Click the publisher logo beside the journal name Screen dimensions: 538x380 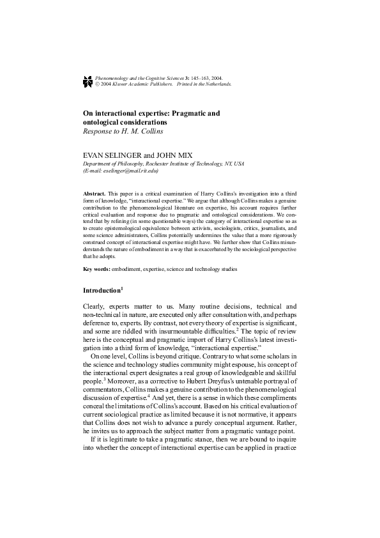pos(87,80)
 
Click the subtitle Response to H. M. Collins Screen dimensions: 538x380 pos(123,131)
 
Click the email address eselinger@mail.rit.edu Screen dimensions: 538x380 pos(130,171)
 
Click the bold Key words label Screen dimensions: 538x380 pos(96,269)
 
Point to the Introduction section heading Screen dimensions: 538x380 pos(102,291)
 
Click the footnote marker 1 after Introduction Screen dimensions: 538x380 pos(122,289)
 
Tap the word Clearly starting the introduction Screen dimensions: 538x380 pos(94,307)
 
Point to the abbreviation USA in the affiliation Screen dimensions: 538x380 pos(239,164)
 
